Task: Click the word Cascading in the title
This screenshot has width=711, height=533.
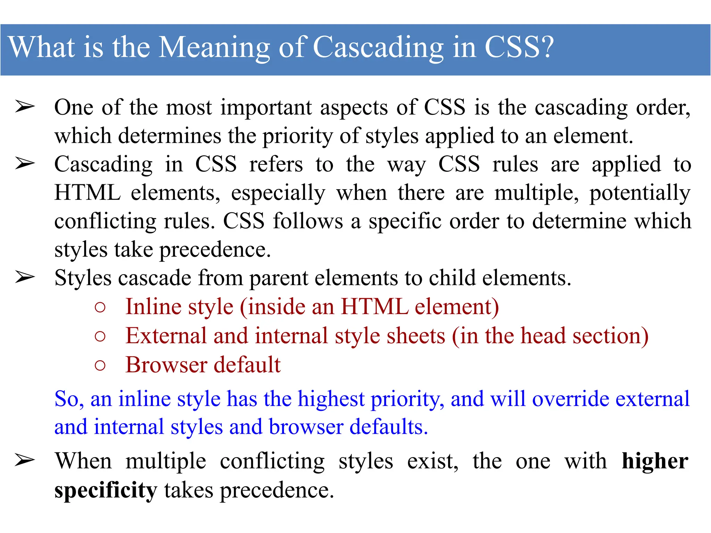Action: [378, 48]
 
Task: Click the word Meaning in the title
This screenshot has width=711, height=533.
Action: [214, 48]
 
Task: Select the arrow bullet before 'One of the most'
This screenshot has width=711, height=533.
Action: [25, 107]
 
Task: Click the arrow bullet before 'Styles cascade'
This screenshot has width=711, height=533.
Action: [25, 278]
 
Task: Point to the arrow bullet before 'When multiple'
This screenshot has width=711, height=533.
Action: [25, 461]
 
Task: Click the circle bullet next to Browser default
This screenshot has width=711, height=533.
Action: [100, 365]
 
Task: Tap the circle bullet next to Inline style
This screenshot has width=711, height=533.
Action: [100, 307]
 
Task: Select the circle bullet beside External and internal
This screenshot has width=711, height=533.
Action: [100, 336]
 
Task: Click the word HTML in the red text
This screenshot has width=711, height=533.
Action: [375, 307]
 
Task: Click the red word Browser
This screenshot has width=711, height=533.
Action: [166, 365]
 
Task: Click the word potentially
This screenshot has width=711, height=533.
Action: [640, 193]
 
